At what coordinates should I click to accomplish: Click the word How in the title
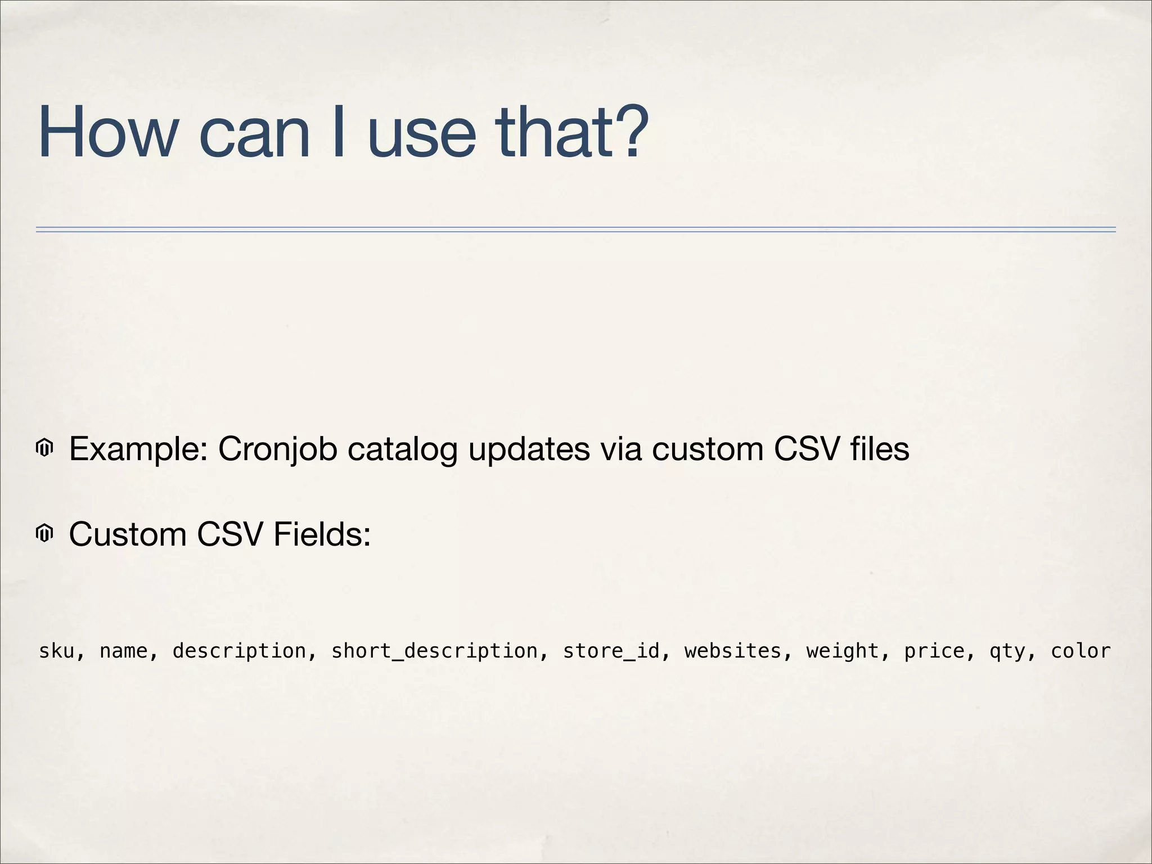click(107, 133)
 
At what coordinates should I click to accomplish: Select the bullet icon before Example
click(44, 449)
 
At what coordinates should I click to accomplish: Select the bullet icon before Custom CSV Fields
click(44, 533)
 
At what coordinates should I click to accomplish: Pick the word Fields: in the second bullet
click(322, 534)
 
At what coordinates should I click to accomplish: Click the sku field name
click(56, 651)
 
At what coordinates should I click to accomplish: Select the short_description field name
click(434, 651)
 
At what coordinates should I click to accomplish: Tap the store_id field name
click(611, 651)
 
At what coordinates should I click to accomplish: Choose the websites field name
click(732, 651)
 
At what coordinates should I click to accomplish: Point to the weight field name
click(842, 651)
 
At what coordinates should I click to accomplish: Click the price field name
click(934, 651)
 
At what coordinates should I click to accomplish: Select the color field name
click(1081, 651)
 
